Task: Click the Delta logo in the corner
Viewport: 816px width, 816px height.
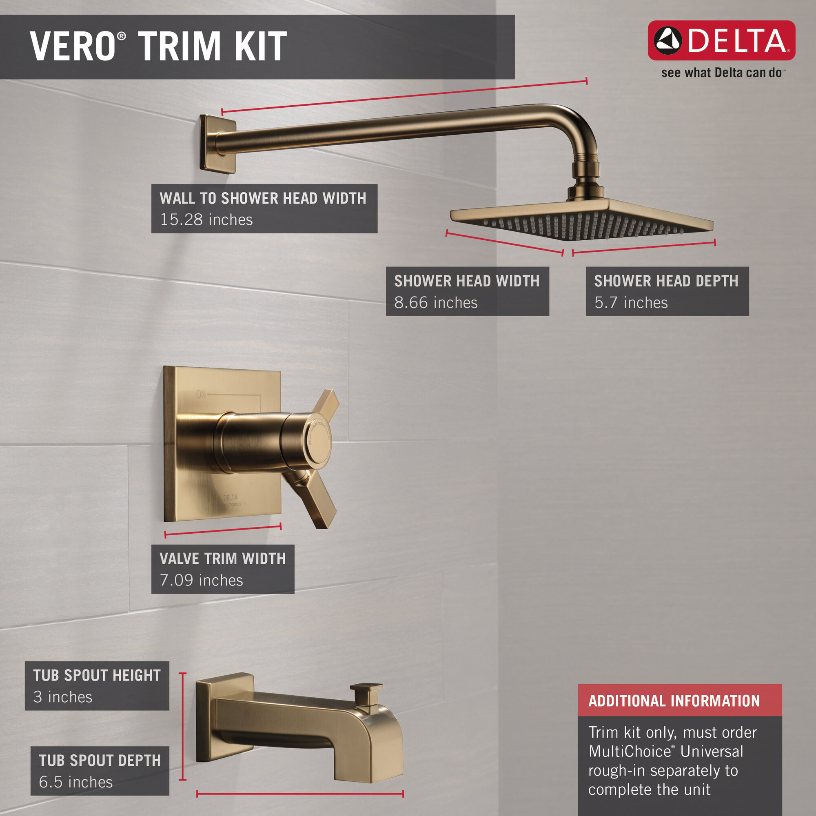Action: pos(721,40)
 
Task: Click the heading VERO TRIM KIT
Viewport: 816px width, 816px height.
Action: pos(158,47)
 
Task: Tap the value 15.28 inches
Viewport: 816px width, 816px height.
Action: pos(206,220)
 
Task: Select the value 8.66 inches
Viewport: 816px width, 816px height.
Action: pos(436,303)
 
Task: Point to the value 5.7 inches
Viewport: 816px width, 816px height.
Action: pos(631,303)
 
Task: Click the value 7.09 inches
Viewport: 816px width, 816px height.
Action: pos(202,580)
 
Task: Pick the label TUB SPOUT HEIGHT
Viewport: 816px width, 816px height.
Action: pos(97,675)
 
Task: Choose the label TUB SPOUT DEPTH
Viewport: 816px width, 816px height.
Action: pos(100,760)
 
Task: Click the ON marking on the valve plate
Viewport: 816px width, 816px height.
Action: pos(201,394)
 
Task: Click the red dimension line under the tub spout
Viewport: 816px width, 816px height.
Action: pos(300,794)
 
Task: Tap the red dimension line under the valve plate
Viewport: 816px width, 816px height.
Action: pos(223,530)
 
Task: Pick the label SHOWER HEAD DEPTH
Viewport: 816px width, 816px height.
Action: pos(666,281)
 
